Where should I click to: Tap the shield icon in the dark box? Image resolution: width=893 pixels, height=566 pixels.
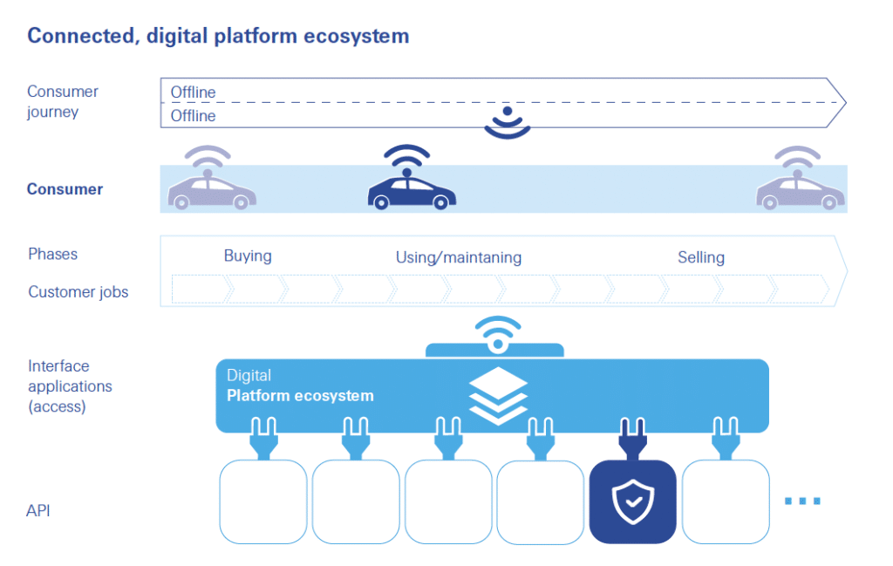click(632, 501)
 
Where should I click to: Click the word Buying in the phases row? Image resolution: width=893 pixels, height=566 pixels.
click(248, 256)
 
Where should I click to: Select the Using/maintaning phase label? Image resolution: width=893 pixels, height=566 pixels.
click(459, 257)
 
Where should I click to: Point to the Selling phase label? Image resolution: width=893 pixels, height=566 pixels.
click(701, 257)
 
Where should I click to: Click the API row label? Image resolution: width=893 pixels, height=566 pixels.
click(38, 510)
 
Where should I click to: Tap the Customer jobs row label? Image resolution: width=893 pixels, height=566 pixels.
click(78, 292)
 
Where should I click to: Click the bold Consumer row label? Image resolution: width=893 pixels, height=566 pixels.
click(65, 189)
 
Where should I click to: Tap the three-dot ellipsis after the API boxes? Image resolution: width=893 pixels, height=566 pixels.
click(802, 501)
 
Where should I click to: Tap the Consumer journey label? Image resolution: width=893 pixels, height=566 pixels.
click(63, 101)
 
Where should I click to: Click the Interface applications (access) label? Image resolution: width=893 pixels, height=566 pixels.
click(70, 386)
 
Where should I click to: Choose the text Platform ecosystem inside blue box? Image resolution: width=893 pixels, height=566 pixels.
click(299, 396)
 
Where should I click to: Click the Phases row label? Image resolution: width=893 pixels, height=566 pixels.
click(52, 254)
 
